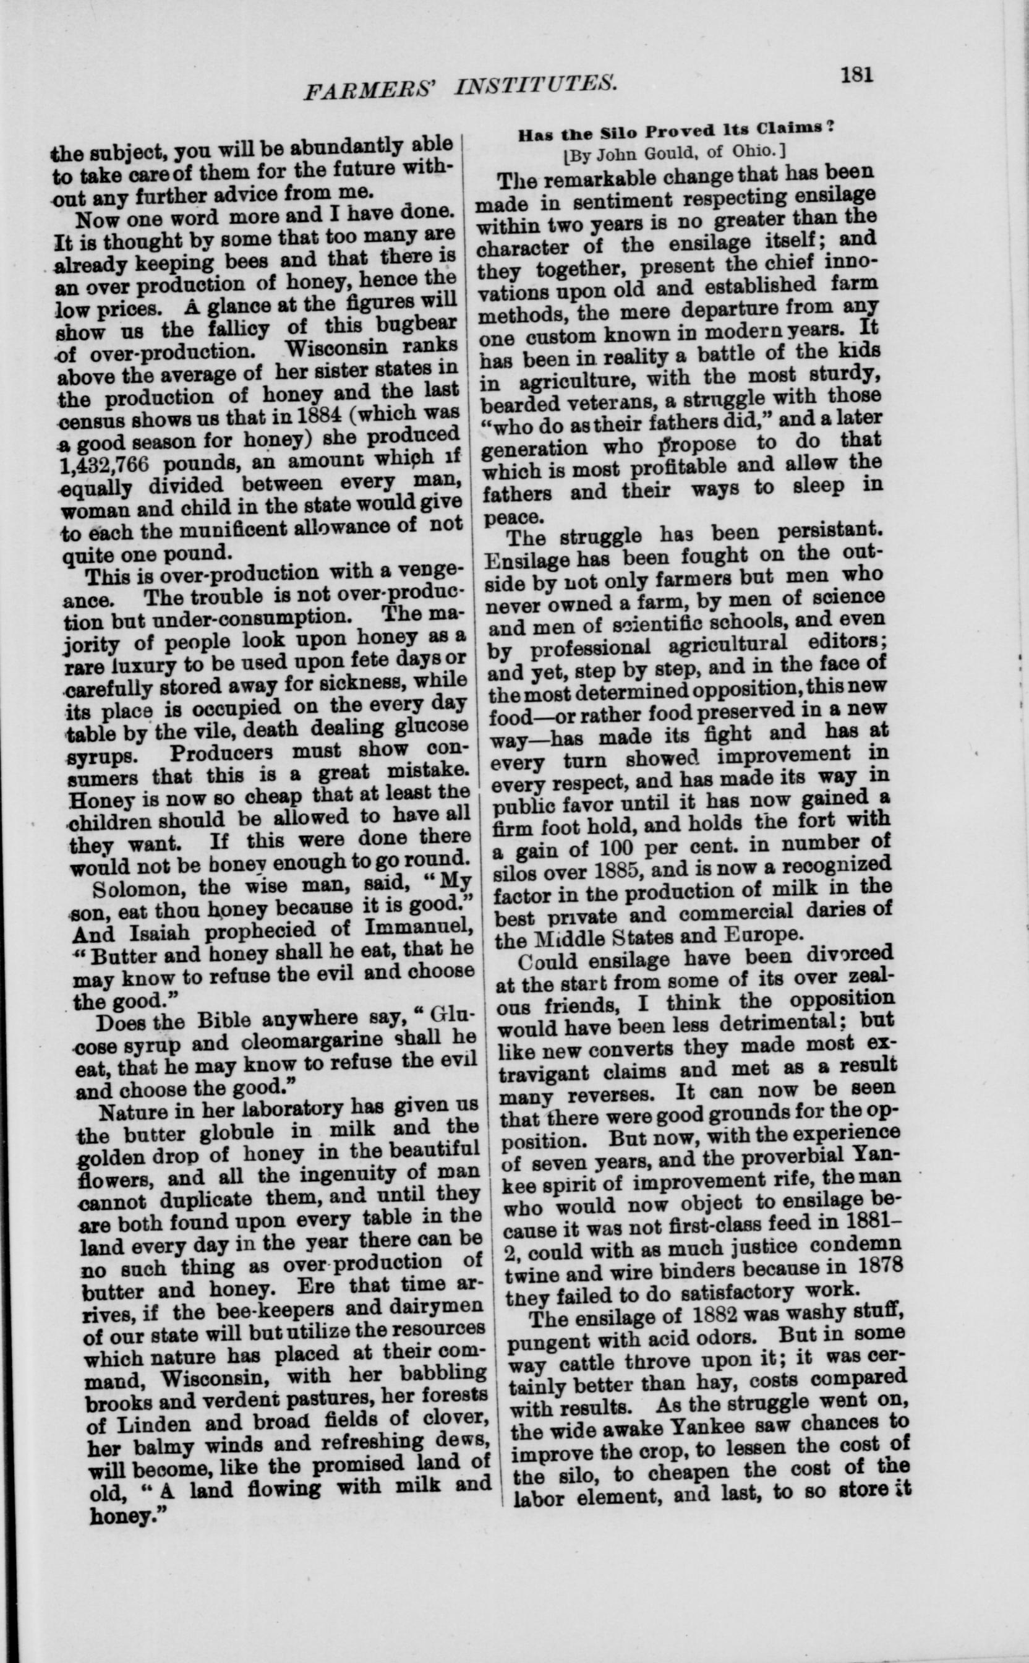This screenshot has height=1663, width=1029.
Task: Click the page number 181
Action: (x=856, y=74)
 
